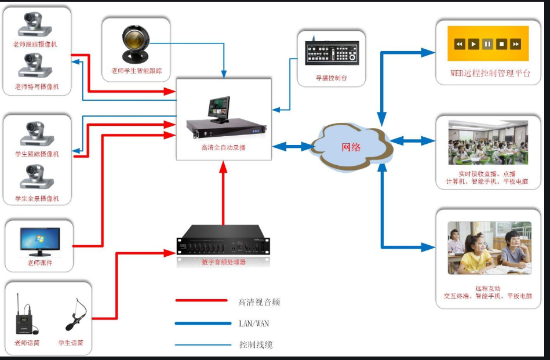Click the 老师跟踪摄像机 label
pos(35,44)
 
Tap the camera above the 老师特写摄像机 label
pos(35,66)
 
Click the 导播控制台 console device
pos(331,54)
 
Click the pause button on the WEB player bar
pos(487,44)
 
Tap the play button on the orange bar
pos(473,44)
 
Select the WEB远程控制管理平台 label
pos(490,74)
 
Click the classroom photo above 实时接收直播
pos(488,143)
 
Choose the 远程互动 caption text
pos(487,288)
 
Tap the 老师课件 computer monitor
pos(40,242)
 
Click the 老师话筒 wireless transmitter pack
pos(26,318)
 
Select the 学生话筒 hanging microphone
pos(75,314)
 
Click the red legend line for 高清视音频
pos(201,300)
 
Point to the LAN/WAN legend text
pos(254,323)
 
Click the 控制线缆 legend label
pos(256,344)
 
